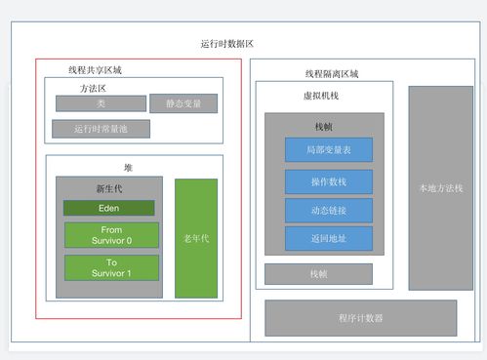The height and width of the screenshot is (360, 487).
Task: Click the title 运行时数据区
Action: tap(226, 44)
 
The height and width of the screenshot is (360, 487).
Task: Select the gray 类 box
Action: tap(100, 103)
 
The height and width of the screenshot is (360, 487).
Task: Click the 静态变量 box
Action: tap(183, 103)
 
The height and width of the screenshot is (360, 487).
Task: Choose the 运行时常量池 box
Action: tap(100, 128)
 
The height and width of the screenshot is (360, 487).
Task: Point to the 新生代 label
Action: tap(108, 187)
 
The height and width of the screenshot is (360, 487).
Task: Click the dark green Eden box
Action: tap(109, 208)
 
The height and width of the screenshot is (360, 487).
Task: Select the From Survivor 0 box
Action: tap(110, 235)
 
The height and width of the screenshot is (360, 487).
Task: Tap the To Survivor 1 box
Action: tap(110, 267)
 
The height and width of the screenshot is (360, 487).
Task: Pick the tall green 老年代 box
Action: tap(196, 238)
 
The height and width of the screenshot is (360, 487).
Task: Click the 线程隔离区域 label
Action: tap(331, 74)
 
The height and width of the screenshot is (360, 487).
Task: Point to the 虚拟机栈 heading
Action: tap(323, 97)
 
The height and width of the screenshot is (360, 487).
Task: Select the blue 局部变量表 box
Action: tap(328, 149)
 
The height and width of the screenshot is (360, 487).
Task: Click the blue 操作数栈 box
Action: tap(328, 181)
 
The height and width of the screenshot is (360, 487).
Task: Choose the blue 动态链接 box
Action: tap(328, 210)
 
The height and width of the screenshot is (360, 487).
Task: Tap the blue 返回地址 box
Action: tap(328, 238)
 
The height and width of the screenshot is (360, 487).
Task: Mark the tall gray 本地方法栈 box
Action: tap(440, 187)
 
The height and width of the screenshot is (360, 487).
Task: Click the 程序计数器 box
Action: tap(360, 317)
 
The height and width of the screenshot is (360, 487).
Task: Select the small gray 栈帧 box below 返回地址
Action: tap(318, 274)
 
